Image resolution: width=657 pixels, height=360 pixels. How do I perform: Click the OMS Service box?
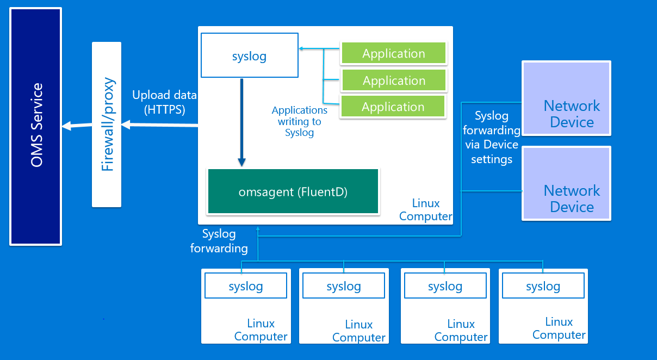tap(35, 126)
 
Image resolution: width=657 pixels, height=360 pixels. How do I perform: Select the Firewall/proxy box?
tap(107, 125)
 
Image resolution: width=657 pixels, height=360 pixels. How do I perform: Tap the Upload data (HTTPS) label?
tap(164, 102)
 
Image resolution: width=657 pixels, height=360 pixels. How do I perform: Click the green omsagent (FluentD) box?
tap(293, 191)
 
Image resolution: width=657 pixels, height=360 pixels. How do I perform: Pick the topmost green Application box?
tap(394, 53)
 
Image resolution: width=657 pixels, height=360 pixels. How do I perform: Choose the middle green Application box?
tap(394, 80)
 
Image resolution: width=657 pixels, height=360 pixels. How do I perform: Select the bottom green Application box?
tap(393, 106)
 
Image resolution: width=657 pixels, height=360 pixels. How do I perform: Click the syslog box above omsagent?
tap(250, 55)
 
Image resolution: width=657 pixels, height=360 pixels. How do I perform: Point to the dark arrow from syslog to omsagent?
tap(241, 122)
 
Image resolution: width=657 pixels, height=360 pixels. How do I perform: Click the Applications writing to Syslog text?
tap(300, 121)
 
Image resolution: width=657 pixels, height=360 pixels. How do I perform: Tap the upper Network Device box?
tap(566, 98)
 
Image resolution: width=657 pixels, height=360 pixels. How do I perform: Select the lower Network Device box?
tap(566, 183)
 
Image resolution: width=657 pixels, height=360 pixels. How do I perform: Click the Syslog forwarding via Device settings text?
tap(492, 137)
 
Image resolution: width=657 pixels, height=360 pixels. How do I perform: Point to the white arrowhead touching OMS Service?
tap(66, 126)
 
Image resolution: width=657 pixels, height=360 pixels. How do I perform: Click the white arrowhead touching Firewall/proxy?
tap(126, 125)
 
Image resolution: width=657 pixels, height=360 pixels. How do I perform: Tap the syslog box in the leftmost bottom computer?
tap(246, 285)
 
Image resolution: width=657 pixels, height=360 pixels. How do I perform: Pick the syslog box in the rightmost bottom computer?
tap(543, 285)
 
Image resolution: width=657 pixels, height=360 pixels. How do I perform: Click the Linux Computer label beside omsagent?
tap(426, 209)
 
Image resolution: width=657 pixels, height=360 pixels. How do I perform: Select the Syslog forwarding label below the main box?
tap(219, 241)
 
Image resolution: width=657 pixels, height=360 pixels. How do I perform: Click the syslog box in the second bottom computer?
tap(344, 285)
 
